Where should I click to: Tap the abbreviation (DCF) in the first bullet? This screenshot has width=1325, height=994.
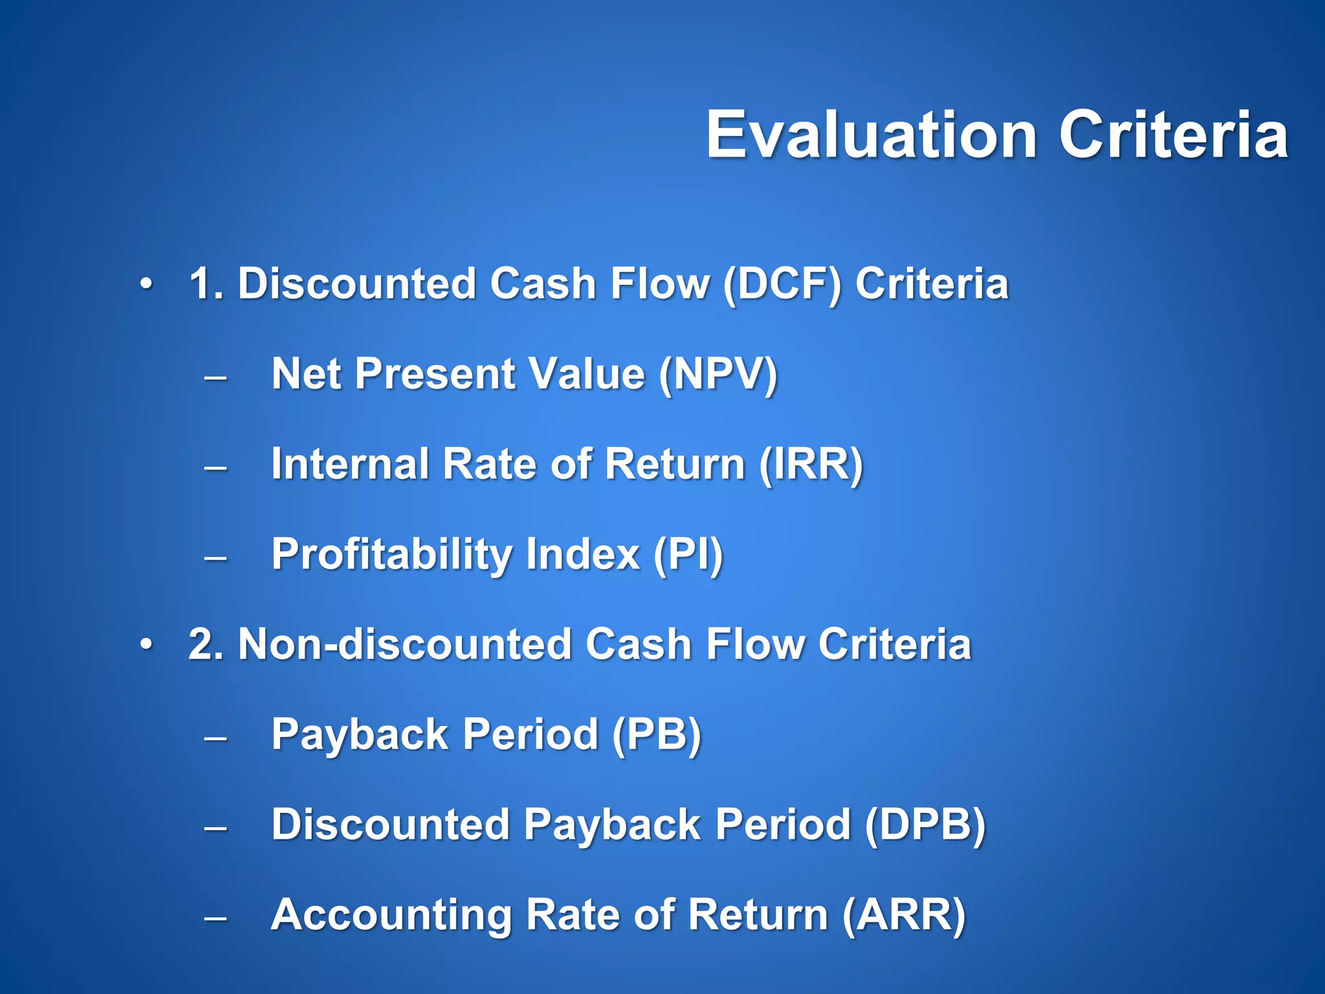click(782, 284)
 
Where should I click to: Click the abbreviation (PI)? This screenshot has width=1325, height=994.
click(688, 555)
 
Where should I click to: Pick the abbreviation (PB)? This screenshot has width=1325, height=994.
click(656, 734)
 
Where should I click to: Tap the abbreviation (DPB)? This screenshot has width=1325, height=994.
click(925, 824)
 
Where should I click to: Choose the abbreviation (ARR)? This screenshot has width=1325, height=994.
click(904, 914)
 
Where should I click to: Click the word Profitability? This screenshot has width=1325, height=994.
click(391, 555)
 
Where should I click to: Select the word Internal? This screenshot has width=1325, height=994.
click(350, 464)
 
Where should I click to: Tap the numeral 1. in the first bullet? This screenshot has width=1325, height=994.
click(206, 284)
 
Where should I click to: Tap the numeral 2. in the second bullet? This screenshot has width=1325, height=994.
click(206, 645)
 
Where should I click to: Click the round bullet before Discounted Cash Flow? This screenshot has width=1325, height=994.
click(147, 284)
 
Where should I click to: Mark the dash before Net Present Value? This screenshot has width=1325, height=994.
click(215, 377)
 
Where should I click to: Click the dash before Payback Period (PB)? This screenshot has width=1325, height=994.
click(215, 737)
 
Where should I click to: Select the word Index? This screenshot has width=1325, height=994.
click(583, 555)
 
